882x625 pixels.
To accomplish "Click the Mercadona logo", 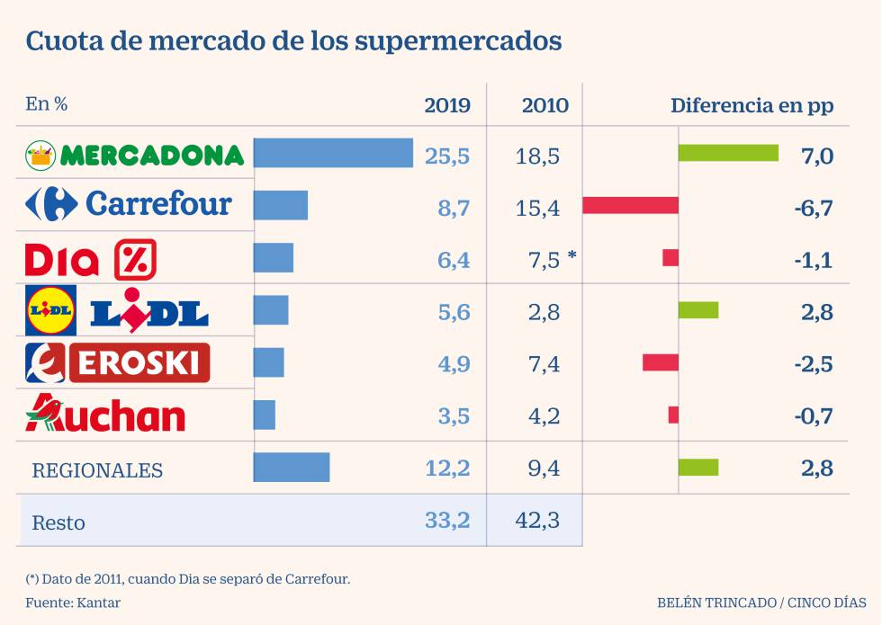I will coord(135,155).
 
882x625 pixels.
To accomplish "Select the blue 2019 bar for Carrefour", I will coord(281,205).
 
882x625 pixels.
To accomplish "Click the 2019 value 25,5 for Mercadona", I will coord(447,156).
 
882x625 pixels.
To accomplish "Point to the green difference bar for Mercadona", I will coord(728,153).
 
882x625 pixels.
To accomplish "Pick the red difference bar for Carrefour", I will coord(630,205).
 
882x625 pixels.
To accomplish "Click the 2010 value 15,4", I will coord(538,209).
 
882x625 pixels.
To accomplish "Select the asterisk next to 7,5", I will coord(572,257).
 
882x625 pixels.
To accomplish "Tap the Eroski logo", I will coord(118,362).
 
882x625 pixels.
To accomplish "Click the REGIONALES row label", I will coord(97,470).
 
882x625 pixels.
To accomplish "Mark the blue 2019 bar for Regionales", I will coord(292,468).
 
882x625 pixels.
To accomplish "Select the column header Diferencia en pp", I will coord(751,105).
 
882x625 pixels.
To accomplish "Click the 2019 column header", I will coord(447,105).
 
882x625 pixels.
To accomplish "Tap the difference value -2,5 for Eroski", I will coord(814,364).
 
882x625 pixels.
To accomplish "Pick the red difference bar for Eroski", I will coord(660,362).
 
